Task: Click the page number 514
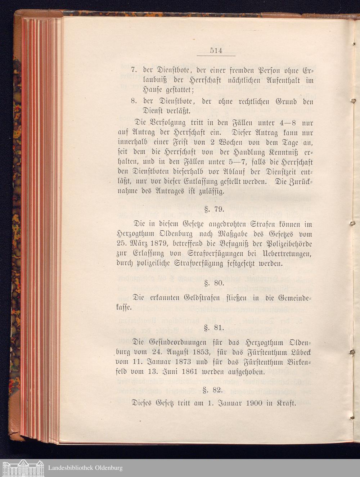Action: [x=216, y=51]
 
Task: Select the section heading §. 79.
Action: [x=215, y=209]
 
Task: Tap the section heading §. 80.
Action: [x=215, y=283]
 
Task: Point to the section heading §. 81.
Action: [x=215, y=328]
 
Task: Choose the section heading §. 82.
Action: [x=215, y=389]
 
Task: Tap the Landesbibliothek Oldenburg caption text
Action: [x=85, y=468]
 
